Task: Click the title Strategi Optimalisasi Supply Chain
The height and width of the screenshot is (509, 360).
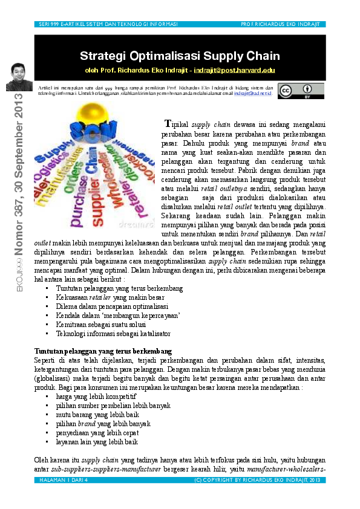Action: coord(180,56)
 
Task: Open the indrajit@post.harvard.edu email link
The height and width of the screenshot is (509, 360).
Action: coord(234,70)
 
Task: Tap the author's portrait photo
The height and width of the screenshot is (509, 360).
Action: coord(19,77)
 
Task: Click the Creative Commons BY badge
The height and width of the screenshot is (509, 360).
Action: coord(301,91)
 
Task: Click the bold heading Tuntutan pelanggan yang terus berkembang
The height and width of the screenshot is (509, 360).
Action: coord(103,351)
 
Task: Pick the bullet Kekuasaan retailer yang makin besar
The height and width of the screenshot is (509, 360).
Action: coord(110,297)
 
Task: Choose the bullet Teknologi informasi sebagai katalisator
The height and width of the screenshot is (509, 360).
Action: coord(113,334)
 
